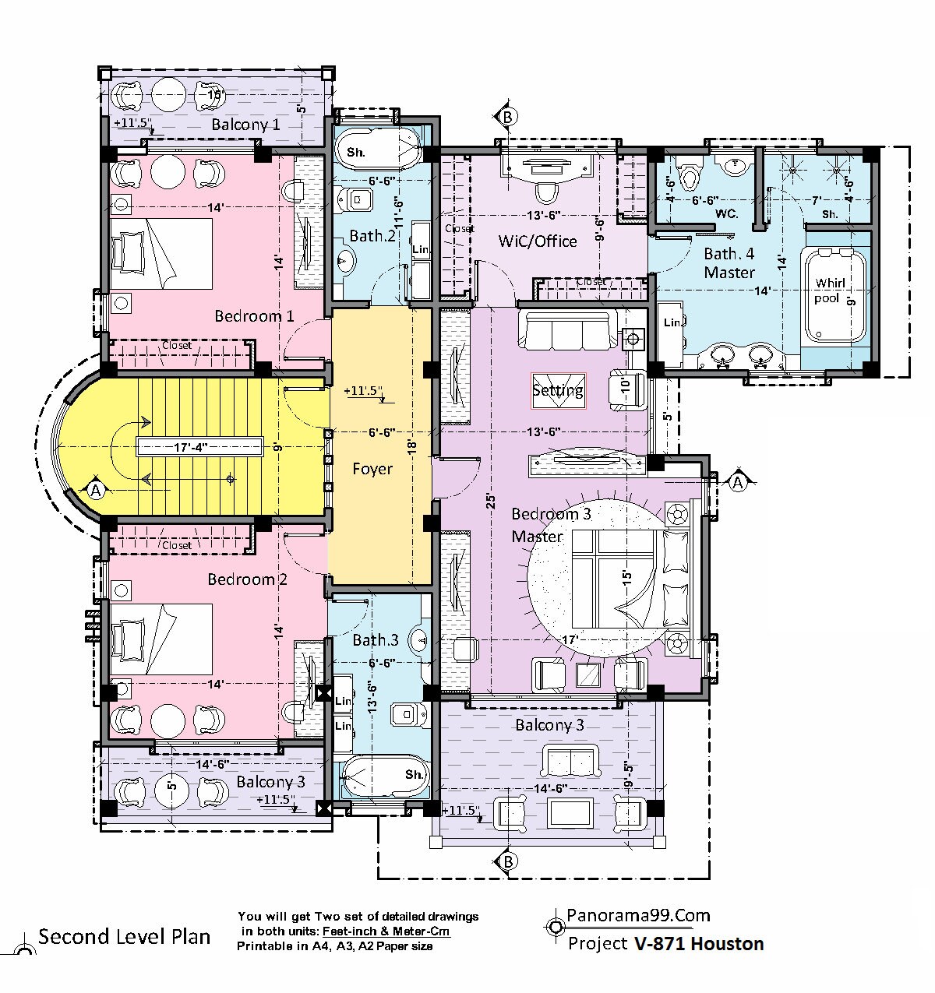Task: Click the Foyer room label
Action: coord(372,469)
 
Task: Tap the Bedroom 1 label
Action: coord(254,316)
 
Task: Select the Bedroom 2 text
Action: coord(248,579)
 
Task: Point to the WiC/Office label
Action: coord(538,241)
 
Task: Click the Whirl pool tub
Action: coord(834,296)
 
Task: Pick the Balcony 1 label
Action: coord(245,125)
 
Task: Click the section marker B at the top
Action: coord(507,117)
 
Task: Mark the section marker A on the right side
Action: coord(738,482)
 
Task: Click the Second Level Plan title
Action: coord(125,936)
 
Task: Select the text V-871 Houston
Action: coord(699,944)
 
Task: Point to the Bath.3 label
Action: coord(376,640)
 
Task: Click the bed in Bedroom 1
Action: coord(161,254)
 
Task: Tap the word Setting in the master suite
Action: coord(558,390)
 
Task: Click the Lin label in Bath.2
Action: coord(421,249)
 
